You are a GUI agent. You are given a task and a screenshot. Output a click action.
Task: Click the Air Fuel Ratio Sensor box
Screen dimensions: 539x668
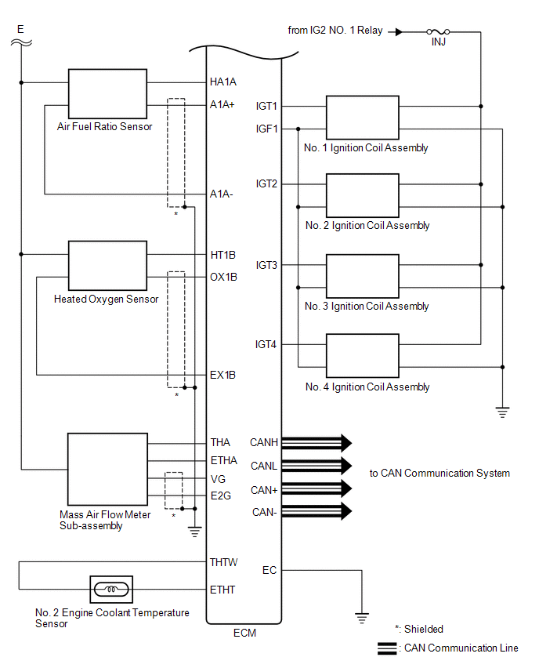pos(107,94)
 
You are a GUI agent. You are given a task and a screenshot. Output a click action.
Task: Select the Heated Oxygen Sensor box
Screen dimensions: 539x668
pos(107,266)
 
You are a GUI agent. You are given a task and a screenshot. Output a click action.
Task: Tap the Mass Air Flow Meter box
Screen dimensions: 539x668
pos(107,470)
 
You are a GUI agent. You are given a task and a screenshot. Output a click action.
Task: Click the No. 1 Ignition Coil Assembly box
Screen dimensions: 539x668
pos(362,118)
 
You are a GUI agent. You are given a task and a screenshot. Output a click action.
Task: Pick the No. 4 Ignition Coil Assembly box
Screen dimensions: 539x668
pos(362,356)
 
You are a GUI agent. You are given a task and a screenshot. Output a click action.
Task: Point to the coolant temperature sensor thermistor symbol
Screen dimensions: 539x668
pos(111,590)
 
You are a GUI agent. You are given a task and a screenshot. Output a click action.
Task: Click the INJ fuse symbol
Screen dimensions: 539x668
pos(438,32)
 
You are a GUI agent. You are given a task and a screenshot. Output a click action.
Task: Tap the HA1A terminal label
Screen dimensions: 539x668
pos(223,82)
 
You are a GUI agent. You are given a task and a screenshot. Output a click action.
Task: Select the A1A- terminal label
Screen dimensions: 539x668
pos(222,194)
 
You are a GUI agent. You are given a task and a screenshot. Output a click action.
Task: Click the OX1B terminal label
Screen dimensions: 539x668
pos(223,278)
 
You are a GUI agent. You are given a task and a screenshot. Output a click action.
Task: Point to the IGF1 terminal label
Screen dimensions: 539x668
pos(266,129)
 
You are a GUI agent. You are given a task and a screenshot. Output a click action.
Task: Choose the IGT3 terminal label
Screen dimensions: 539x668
pos(266,266)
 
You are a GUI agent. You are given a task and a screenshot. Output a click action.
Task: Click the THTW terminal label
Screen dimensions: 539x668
pos(223,562)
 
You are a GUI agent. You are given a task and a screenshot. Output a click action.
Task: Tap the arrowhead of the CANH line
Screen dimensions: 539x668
pos(346,443)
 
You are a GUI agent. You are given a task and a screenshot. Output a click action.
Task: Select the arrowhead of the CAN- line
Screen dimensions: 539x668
pos(346,511)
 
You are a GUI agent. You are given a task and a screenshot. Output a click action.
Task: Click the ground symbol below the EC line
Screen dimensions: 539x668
pos(362,618)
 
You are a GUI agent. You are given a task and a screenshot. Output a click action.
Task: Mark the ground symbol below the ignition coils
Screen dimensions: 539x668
pos(502,412)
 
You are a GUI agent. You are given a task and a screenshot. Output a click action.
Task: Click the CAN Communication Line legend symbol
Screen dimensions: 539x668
pos(387,648)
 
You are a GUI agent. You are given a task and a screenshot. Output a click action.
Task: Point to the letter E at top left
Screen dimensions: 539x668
pos(20,29)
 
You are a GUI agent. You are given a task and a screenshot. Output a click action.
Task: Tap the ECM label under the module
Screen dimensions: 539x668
pos(244,633)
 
